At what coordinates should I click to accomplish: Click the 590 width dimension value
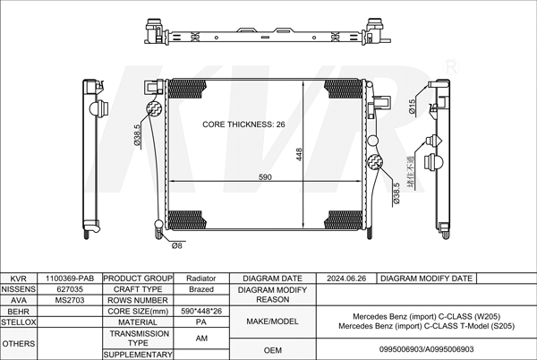tap(265, 177)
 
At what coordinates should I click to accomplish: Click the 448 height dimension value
tap(299, 155)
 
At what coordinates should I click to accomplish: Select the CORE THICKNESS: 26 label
tap(243, 124)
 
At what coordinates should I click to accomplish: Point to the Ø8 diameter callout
tap(176, 245)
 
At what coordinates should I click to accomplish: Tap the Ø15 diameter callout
tap(412, 107)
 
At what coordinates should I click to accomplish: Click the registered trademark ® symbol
tap(451, 67)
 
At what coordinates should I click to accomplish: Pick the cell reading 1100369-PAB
tap(70, 279)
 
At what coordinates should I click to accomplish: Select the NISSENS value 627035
tap(70, 289)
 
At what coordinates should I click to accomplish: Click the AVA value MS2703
tap(70, 300)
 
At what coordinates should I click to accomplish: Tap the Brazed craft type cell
tap(201, 289)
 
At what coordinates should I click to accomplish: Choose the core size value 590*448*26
tap(201, 311)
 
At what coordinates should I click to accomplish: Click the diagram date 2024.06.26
tap(346, 279)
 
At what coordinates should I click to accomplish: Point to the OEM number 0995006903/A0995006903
tap(426, 349)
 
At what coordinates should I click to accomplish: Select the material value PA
tap(201, 322)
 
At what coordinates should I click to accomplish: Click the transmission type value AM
tap(201, 339)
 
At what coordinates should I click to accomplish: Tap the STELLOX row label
tap(19, 322)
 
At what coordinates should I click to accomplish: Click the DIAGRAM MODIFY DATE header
tap(426, 279)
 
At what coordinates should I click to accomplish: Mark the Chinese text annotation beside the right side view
tap(410, 172)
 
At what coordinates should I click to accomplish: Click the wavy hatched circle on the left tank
tap(154, 108)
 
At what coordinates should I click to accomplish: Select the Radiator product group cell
tap(201, 279)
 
